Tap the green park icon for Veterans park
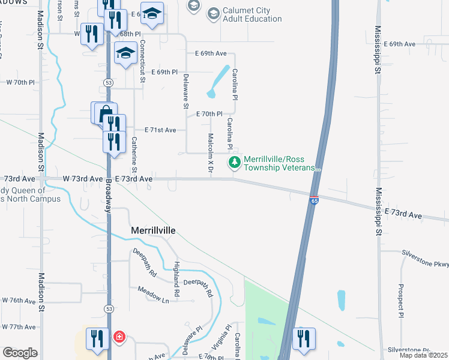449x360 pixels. (234, 162)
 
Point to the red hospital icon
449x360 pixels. (119, 337)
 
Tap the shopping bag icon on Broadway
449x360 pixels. (105, 112)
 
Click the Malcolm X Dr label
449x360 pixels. (211, 154)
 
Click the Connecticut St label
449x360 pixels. (142, 61)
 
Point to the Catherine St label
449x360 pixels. (134, 151)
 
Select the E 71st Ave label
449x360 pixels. (160, 130)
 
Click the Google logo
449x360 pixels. (19, 353)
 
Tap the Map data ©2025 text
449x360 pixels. (424, 356)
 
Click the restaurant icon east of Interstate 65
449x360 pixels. (304, 338)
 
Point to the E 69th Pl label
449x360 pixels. (164, 72)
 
